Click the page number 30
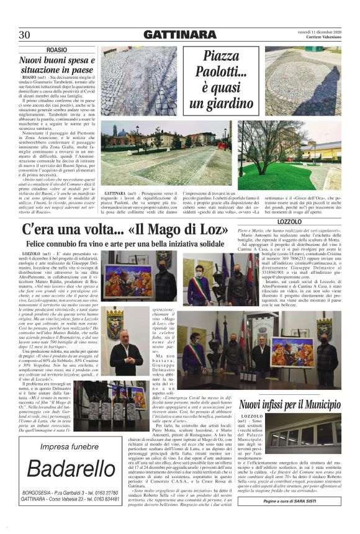coord(25,35)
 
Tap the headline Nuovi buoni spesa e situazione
coord(56,65)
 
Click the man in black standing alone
coord(127,350)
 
